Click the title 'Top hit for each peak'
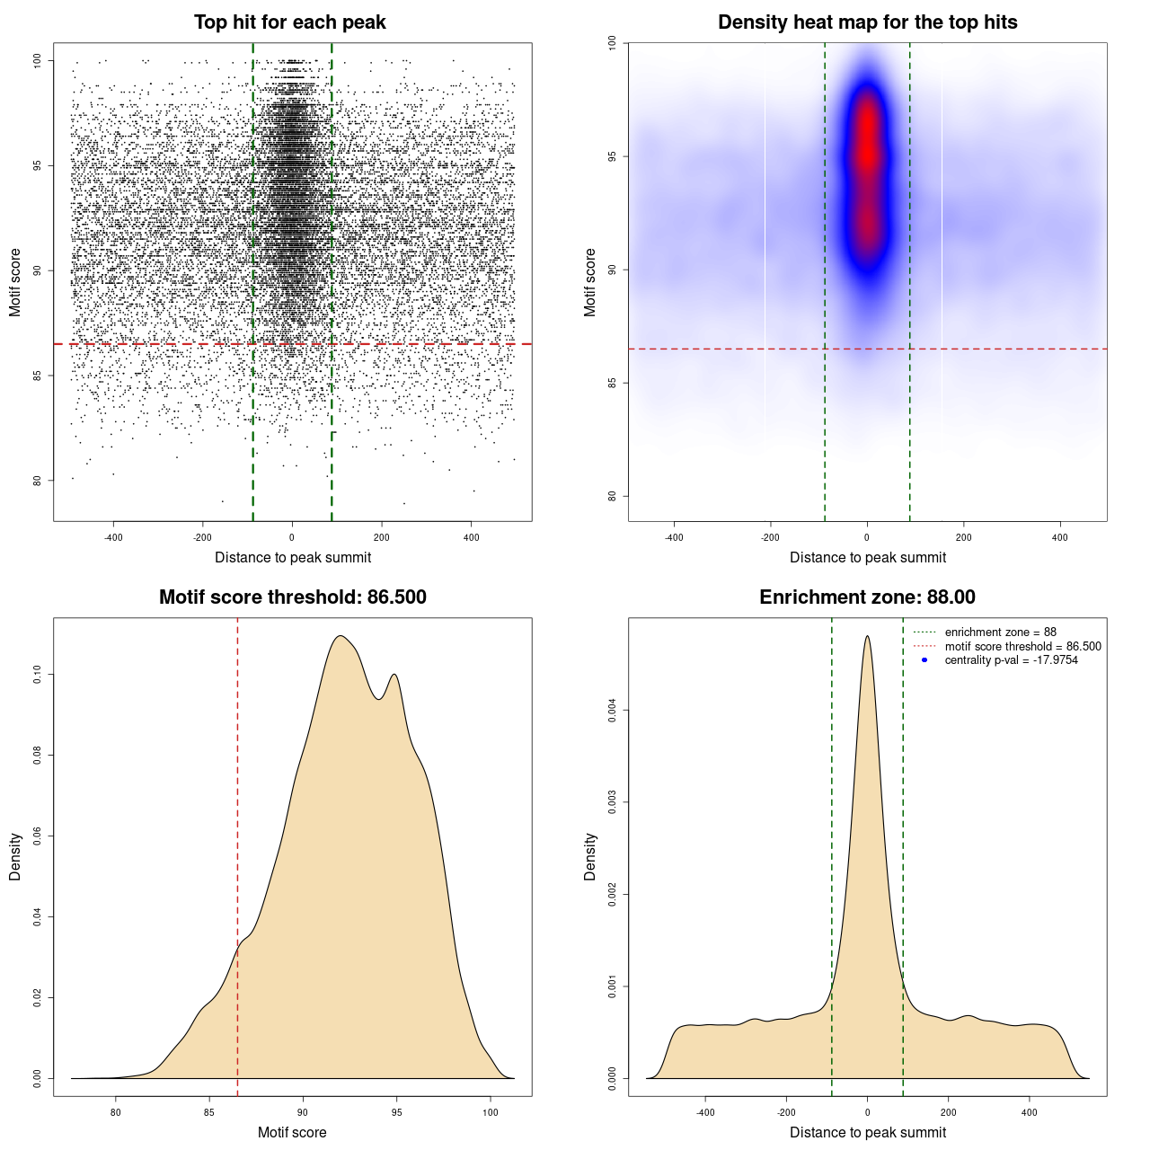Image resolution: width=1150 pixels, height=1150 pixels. click(290, 22)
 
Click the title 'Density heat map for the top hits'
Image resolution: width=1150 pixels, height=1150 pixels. click(867, 22)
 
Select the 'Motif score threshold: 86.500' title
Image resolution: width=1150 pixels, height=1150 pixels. click(292, 597)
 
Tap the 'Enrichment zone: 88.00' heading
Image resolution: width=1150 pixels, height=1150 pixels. click(867, 597)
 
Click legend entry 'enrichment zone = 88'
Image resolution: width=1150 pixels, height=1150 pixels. click(1000, 632)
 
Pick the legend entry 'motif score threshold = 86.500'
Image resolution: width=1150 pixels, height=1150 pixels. click(1022, 646)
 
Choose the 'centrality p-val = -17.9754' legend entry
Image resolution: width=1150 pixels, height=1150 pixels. click(1011, 660)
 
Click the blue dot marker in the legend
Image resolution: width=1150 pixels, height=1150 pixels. click(924, 660)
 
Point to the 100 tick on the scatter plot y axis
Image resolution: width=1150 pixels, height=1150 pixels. click(38, 61)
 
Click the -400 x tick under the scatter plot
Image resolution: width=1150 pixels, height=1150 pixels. click(113, 537)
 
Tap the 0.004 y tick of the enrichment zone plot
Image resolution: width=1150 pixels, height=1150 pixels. click(613, 711)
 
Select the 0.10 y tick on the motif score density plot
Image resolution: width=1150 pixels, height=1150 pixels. click(38, 674)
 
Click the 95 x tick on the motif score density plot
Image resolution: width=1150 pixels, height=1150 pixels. click(397, 1112)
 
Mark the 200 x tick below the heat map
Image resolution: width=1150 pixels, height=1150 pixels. click(964, 537)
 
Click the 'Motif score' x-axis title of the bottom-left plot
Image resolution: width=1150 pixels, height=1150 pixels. click(292, 1132)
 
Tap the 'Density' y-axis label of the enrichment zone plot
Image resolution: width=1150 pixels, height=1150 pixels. click(590, 856)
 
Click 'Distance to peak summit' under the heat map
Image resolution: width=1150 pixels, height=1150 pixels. click(867, 557)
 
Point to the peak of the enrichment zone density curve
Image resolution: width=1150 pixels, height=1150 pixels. click(867, 637)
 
